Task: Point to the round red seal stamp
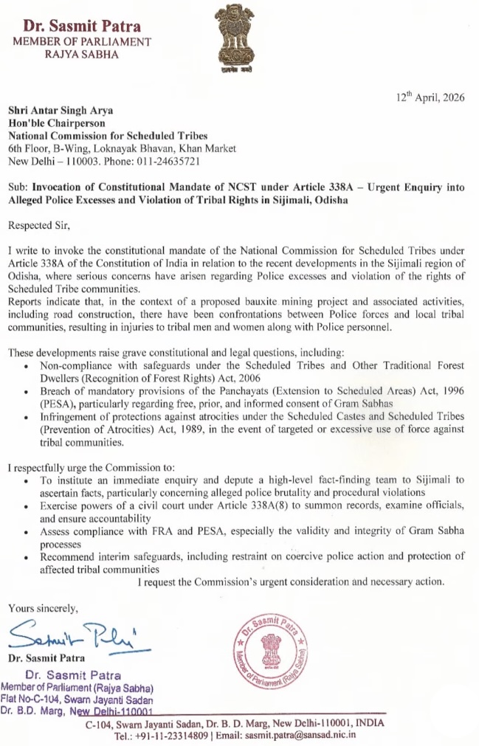click(x=274, y=650)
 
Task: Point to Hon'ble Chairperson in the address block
click(x=56, y=123)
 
